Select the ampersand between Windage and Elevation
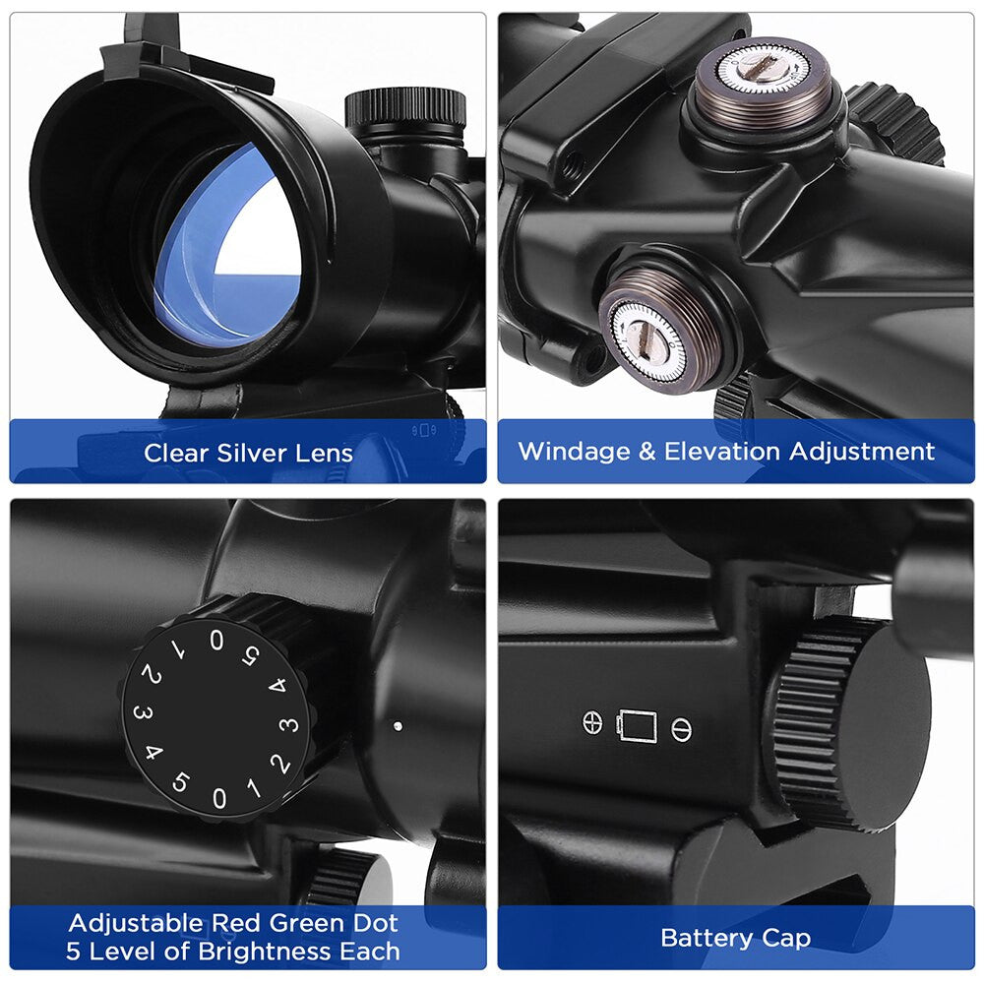[x=647, y=452]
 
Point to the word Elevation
[x=722, y=452]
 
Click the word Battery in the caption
[x=707, y=939]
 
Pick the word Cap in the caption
[x=785, y=938]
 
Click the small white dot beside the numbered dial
[x=398, y=726]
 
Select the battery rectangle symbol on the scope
[x=638, y=726]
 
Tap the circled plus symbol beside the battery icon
[x=592, y=723]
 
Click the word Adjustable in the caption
[x=136, y=923]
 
